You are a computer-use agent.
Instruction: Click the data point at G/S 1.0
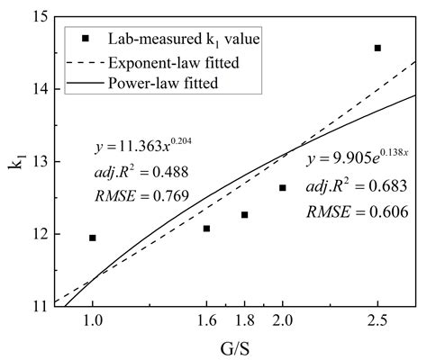point(93,238)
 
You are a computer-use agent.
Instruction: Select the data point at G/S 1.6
point(206,229)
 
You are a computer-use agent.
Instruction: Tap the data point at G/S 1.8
point(244,214)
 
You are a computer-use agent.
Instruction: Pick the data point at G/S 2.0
point(282,187)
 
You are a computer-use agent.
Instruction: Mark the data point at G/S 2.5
point(377,48)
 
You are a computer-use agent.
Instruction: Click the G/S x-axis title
point(233,347)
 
